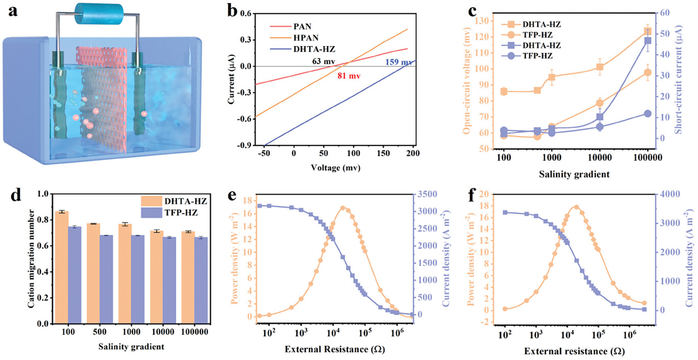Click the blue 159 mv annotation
coord(397,62)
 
